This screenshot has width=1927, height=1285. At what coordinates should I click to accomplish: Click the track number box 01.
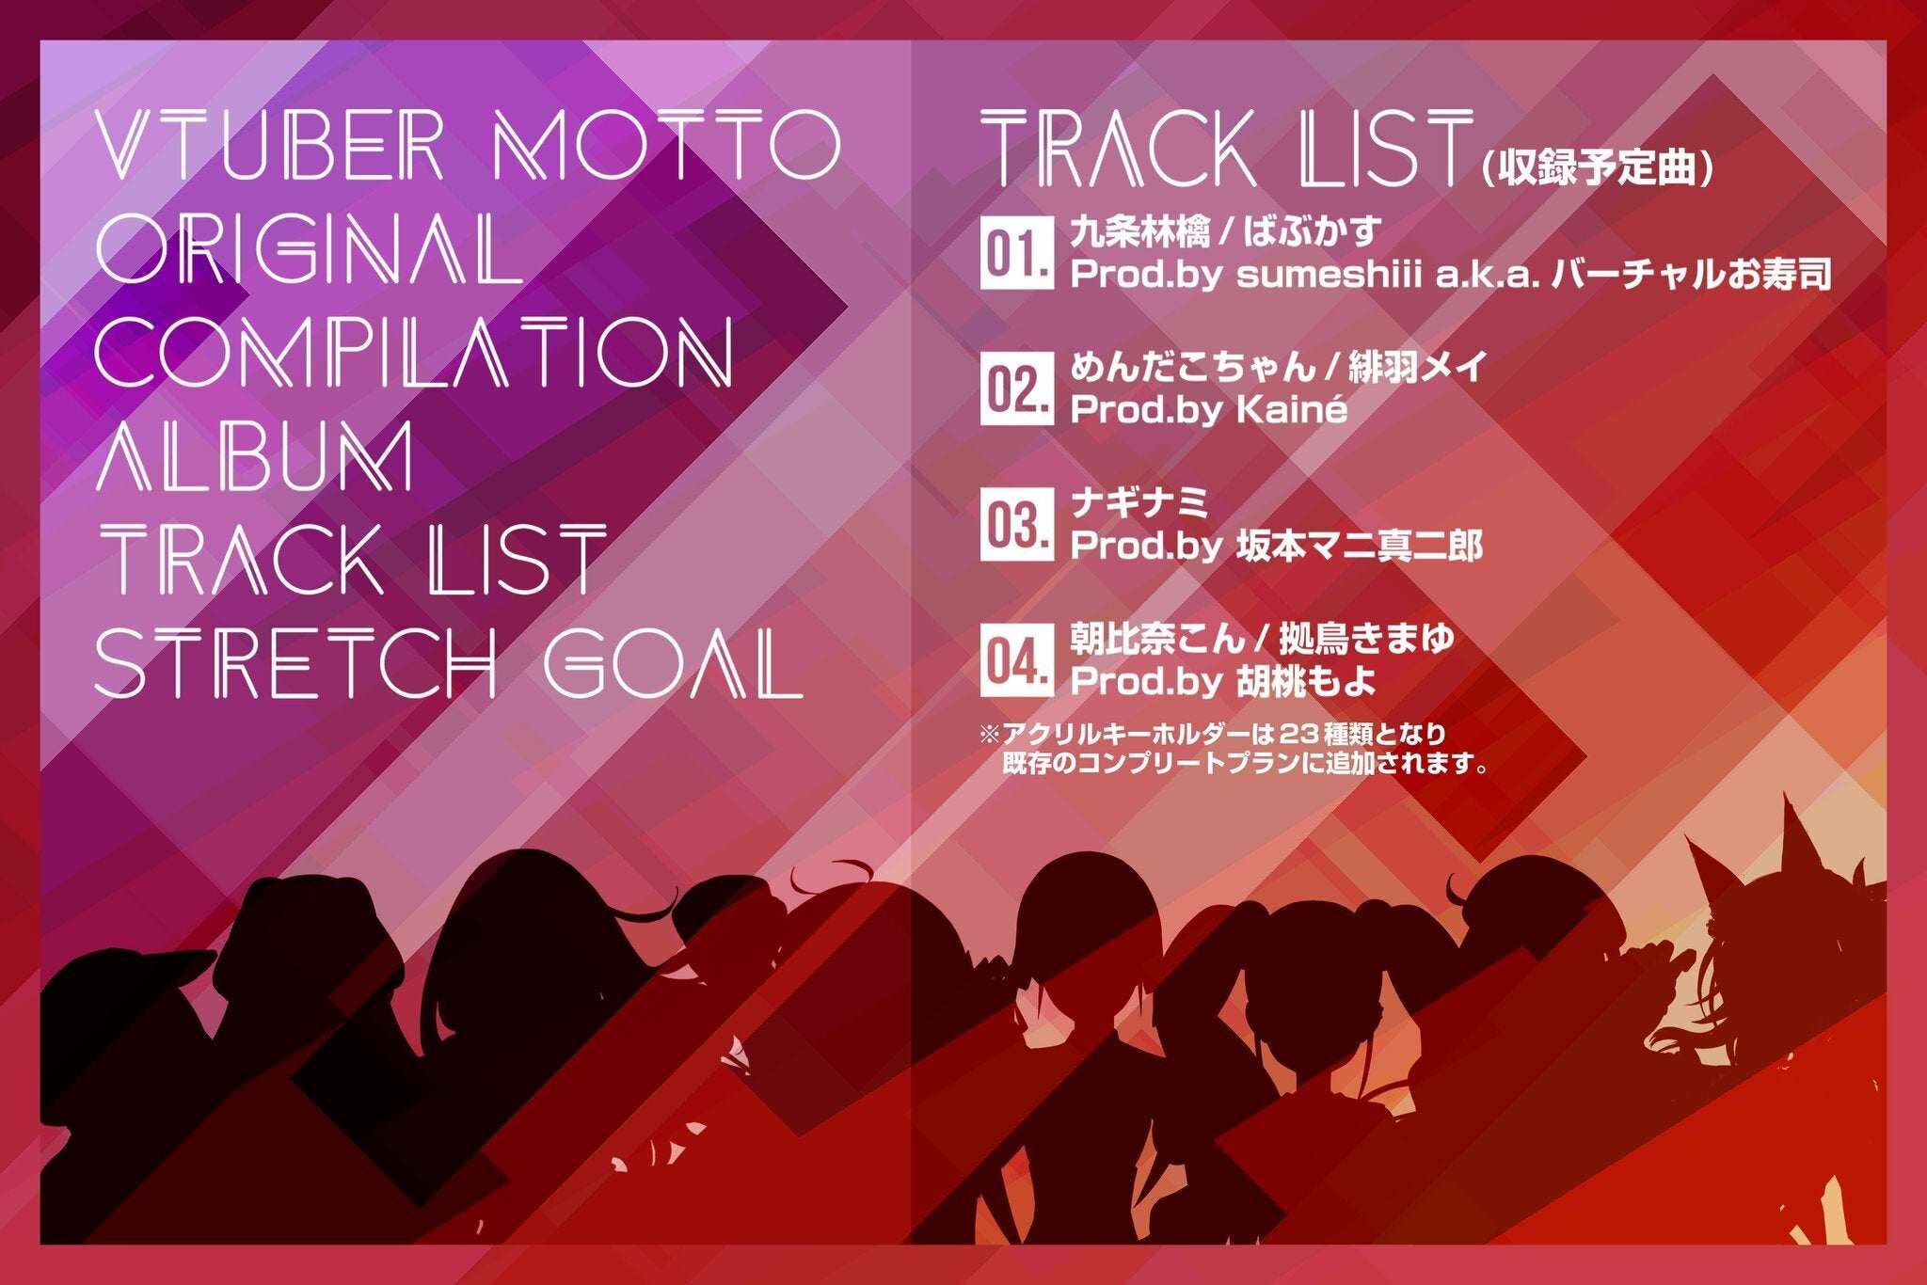pyautogui.click(x=1016, y=254)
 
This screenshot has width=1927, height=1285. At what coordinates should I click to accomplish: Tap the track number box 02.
pyautogui.click(x=1016, y=389)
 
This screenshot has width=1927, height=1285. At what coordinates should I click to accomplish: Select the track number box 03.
pyautogui.click(x=1016, y=524)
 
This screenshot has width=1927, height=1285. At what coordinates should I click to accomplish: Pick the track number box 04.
pyautogui.click(x=1016, y=659)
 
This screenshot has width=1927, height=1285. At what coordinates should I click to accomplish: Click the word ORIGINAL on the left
pyautogui.click(x=310, y=247)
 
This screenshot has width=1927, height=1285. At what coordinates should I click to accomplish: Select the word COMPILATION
pyautogui.click(x=415, y=351)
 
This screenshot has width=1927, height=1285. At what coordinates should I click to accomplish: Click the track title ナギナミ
pyautogui.click(x=1139, y=502)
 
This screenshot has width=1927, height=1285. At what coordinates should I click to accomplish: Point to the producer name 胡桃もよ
pyautogui.click(x=1305, y=681)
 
